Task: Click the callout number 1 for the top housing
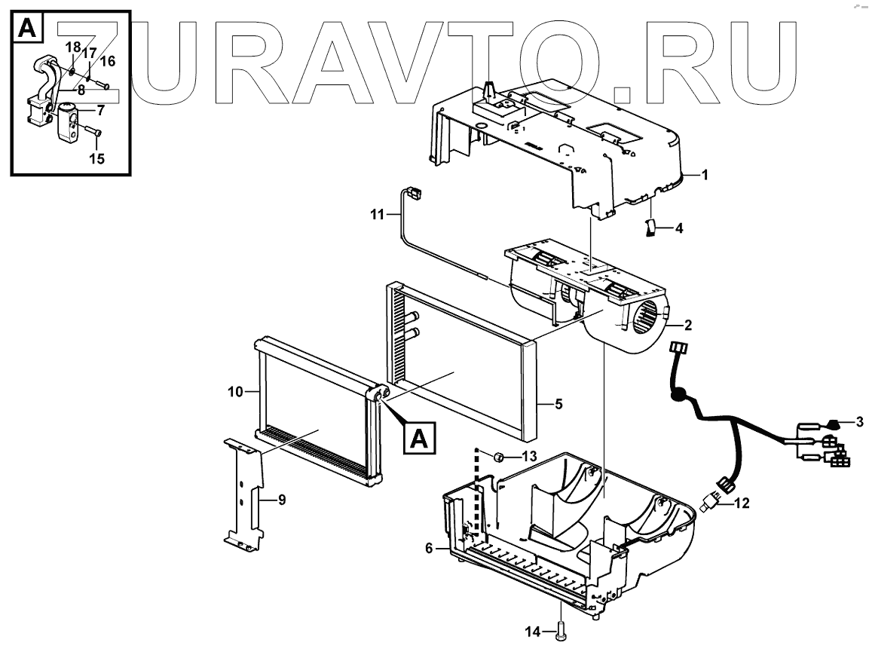pyautogui.click(x=705, y=176)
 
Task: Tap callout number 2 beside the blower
pyautogui.click(x=688, y=326)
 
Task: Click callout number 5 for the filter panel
pyautogui.click(x=558, y=405)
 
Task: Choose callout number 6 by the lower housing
pyautogui.click(x=430, y=549)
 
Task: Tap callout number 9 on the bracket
pyautogui.click(x=281, y=500)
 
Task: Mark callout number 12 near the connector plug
pyautogui.click(x=742, y=503)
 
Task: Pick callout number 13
pyautogui.click(x=529, y=457)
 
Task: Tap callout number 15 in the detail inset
pyautogui.click(x=96, y=158)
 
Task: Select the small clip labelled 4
pyautogui.click(x=650, y=228)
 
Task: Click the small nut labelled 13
pyautogui.click(x=499, y=456)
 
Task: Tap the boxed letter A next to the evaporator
pyautogui.click(x=421, y=437)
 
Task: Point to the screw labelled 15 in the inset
pyautogui.click(x=95, y=133)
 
